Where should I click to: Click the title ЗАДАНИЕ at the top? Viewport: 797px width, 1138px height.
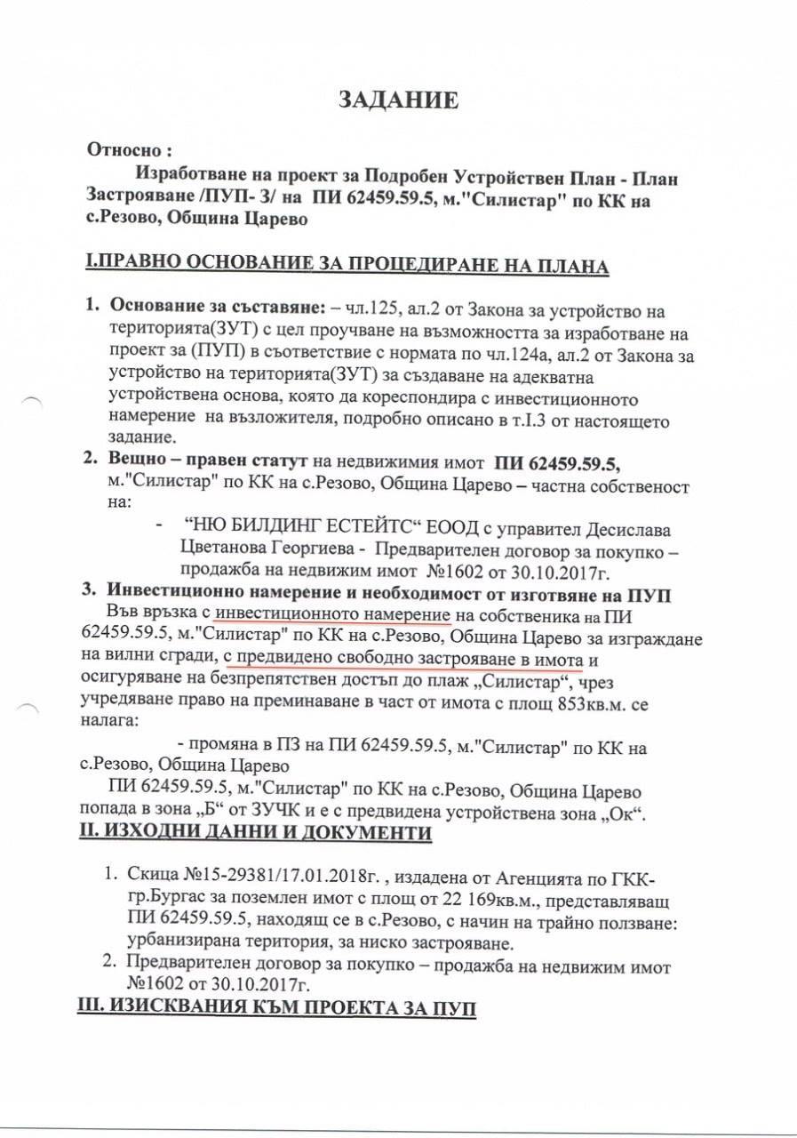pyautogui.click(x=399, y=100)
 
